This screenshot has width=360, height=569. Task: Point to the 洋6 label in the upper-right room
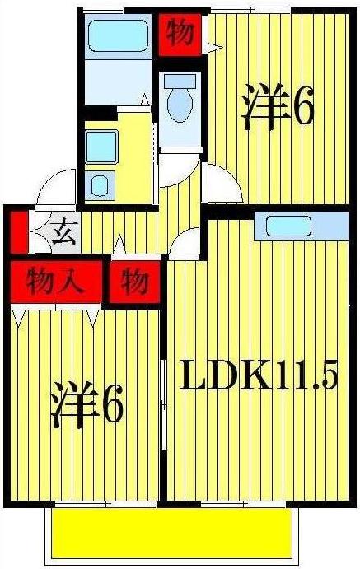click(278, 108)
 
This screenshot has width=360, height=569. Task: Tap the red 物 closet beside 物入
click(135, 282)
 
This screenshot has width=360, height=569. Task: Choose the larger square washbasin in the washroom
click(104, 147)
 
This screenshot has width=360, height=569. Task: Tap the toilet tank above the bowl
click(180, 81)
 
